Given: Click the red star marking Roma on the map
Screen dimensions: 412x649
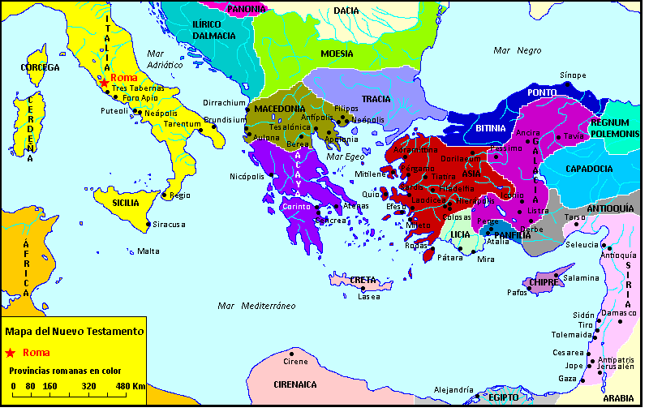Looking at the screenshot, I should pos(104,82).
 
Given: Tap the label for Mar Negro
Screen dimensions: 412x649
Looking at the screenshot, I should pos(517,50).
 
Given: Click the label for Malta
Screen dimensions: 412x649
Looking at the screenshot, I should pos(148,251).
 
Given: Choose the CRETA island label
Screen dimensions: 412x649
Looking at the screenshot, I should pos(363,280).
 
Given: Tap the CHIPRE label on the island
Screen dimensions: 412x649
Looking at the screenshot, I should pos(541,282).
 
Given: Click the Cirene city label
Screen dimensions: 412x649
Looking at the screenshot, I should pos(296,361).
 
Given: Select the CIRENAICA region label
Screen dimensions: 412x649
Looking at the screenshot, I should pos(294,384).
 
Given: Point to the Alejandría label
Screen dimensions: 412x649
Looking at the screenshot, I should pos(453,390).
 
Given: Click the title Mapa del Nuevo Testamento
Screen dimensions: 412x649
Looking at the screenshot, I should pos(75,331).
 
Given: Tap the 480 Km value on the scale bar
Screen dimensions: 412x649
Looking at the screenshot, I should pos(129,385).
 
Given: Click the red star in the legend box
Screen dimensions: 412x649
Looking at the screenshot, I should pos(10,353).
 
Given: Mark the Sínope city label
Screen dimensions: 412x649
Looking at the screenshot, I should pos(573,75).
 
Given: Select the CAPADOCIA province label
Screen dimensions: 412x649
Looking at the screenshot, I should pos(589,169).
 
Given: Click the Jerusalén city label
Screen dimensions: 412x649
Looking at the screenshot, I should pos(616,367).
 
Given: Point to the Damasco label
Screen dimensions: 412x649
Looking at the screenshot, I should pos(620,312).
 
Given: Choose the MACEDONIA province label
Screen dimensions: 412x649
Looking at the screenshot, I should pos(279,109).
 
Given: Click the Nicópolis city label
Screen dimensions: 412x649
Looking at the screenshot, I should pos(247,175).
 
